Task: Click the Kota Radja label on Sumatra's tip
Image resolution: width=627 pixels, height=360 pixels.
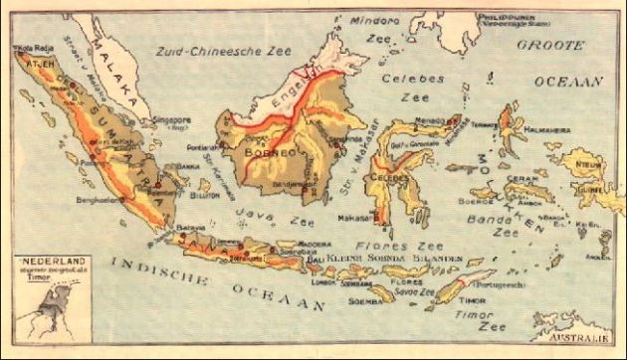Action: (x=29, y=48)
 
